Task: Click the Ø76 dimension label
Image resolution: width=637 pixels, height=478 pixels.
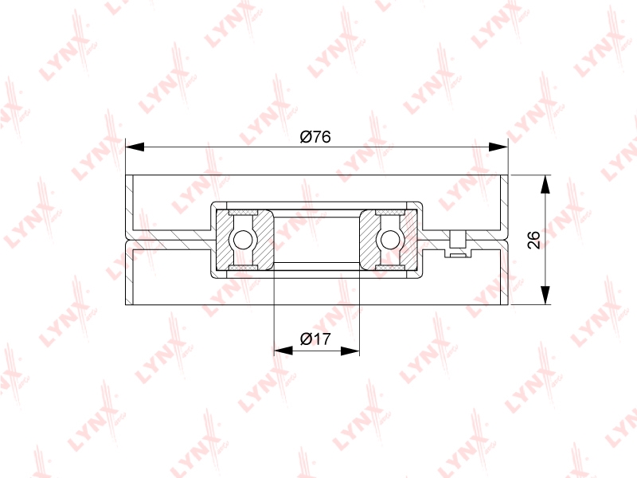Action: (315, 137)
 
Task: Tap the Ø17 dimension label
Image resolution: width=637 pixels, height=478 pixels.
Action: (315, 339)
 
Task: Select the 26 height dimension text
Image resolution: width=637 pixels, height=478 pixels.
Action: (533, 240)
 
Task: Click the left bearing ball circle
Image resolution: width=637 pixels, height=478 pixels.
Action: (243, 240)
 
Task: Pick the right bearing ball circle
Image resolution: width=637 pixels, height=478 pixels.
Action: (389, 240)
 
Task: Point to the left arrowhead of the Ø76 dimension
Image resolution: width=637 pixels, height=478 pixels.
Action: (135, 147)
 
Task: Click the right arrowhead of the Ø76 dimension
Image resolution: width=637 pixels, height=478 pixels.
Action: (498, 147)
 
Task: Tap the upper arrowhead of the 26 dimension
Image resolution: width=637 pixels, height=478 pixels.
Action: (545, 185)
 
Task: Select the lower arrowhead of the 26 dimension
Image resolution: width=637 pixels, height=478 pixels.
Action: (545, 295)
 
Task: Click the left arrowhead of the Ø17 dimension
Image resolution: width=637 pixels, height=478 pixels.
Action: (283, 351)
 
